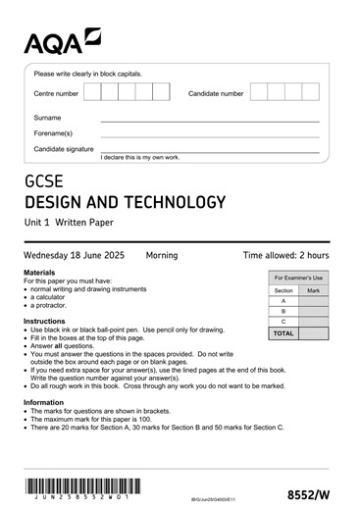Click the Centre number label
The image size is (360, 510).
56,94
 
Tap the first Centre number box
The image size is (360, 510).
92,93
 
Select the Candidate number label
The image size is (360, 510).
216,94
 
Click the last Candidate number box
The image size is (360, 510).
311,93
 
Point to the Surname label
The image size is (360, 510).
48,117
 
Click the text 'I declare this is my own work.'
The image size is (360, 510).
140,158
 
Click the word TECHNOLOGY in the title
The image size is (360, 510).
173,203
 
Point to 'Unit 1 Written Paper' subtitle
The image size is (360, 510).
78,225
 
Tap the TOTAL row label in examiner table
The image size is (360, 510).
283,333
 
